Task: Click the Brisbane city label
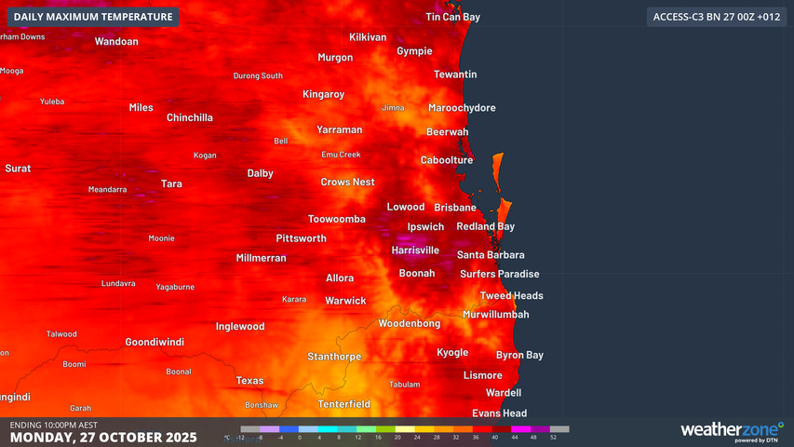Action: coord(455,207)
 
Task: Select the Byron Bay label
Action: coord(519,355)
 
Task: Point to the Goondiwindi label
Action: coord(155,342)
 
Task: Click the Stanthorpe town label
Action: coord(333,356)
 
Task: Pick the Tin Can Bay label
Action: coord(452,17)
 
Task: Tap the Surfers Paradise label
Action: coord(499,274)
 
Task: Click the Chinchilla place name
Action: coord(190,117)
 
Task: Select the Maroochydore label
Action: coord(462,108)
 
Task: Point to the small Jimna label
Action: coord(393,108)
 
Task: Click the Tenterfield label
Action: coord(343,404)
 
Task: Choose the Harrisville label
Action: coord(415,250)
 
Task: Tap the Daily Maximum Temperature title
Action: coord(93,17)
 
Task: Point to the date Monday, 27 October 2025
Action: coord(103,437)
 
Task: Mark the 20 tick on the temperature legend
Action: coord(397,437)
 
